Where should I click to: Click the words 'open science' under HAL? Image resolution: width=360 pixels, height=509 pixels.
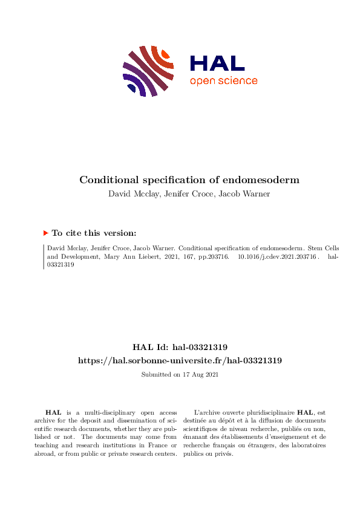click(223, 81)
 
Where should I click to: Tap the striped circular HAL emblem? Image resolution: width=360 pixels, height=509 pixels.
click(149, 71)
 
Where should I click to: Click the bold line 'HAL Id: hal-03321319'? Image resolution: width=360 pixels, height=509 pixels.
click(180, 347)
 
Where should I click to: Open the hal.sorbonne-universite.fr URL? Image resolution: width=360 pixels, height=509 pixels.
click(180, 360)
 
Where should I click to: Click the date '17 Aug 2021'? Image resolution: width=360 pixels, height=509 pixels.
click(200, 375)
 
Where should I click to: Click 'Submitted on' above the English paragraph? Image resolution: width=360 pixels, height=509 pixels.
click(160, 375)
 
